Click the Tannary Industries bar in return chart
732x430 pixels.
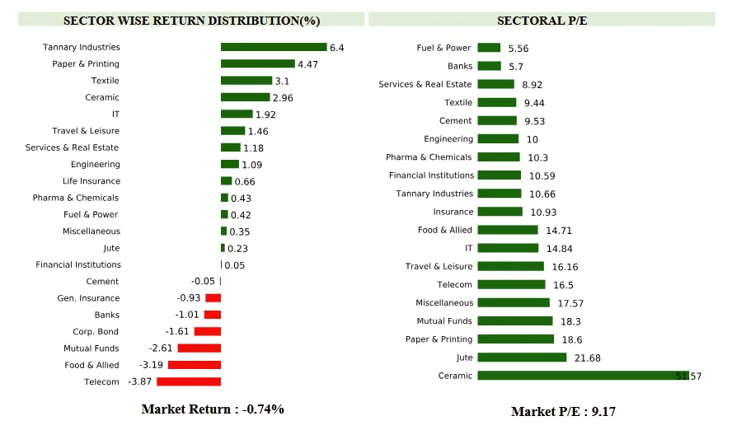pos(274,47)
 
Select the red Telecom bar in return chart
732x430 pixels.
pos(189,381)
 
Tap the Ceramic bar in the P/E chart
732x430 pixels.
pos(583,376)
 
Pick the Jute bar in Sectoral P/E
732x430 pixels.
pos(522,358)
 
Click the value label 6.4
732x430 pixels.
pos(336,48)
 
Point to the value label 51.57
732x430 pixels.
pos(689,376)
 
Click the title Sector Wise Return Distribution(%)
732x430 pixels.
pos(192,21)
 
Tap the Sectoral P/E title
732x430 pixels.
pos(542,21)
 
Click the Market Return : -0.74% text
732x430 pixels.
pos(213,409)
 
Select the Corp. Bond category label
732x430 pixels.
pos(96,332)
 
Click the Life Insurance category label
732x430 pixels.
pos(91,181)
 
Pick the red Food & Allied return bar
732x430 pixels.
pos(195,365)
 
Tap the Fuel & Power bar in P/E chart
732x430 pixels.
pos(489,48)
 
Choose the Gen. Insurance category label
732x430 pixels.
pos(88,298)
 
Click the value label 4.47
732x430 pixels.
pos(307,64)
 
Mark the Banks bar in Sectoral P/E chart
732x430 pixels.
pos(489,66)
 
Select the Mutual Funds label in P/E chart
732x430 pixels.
pos(444,321)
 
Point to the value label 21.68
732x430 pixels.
pos(584,358)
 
